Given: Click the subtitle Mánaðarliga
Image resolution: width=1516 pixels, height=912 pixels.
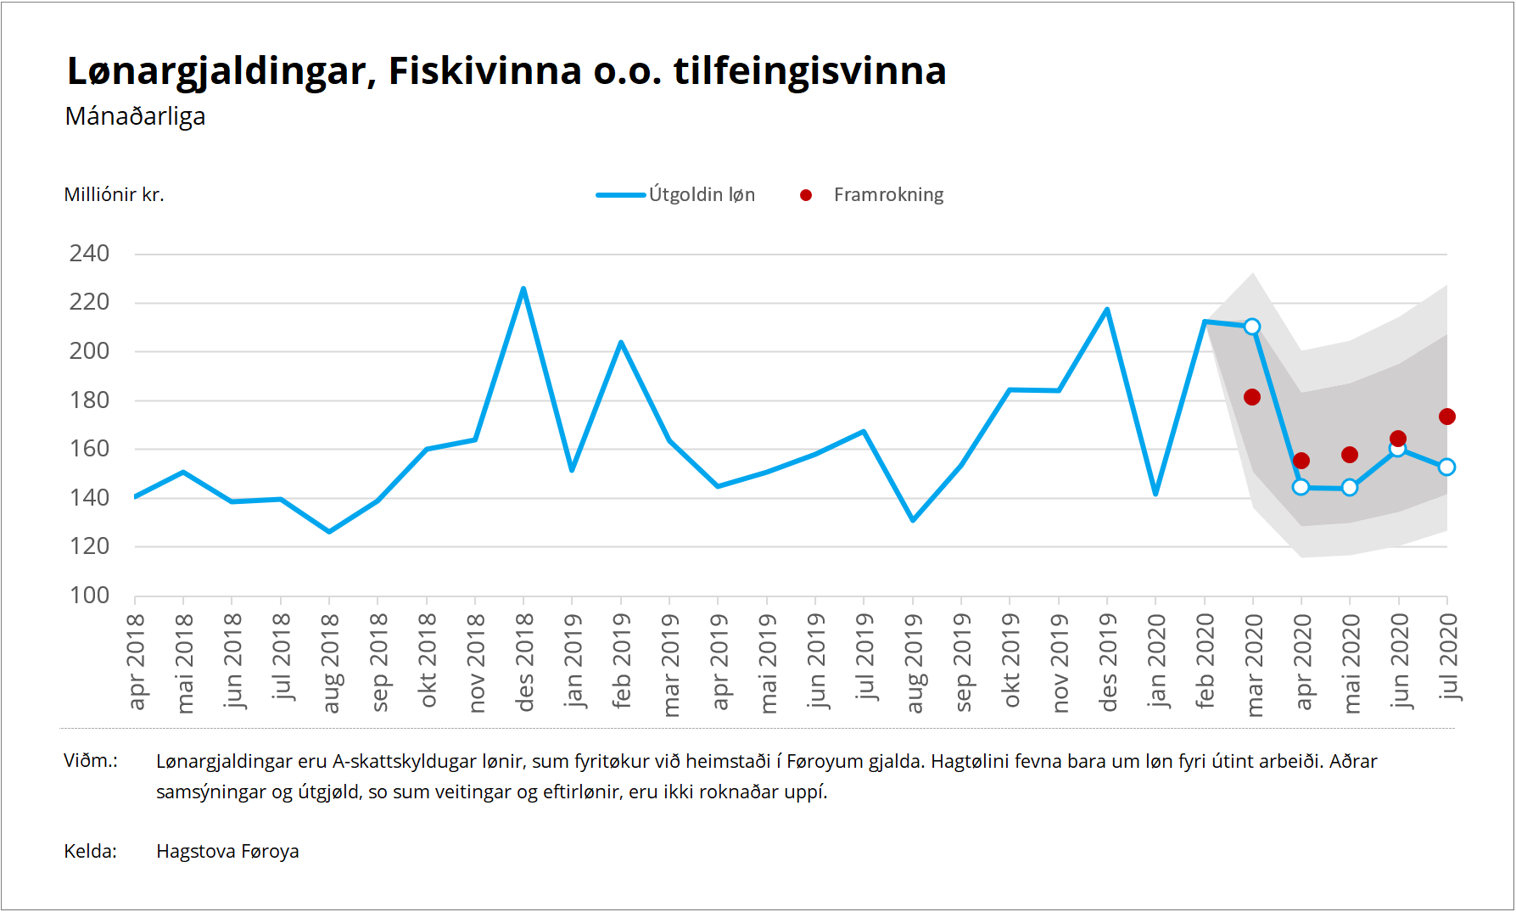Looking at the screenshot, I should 135,116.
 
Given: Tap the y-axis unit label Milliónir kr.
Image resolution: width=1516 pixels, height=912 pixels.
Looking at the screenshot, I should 114,195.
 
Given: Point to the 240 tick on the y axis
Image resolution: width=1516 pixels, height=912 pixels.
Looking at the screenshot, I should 89,254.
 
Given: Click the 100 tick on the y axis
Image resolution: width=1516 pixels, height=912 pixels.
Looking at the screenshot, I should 89,596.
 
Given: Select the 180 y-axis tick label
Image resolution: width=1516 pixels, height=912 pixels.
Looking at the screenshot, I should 89,400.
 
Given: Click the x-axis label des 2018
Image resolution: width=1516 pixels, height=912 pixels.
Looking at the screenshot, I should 524,663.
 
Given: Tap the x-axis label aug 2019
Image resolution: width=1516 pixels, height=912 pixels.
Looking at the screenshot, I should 914,663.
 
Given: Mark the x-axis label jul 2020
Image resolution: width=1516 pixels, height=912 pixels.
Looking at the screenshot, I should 1448,657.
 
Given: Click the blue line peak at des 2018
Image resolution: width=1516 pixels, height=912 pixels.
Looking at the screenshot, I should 523,288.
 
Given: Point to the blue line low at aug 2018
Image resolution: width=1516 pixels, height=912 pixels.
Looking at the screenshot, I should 329,532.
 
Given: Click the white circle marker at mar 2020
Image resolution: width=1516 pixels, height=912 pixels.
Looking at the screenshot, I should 1252,327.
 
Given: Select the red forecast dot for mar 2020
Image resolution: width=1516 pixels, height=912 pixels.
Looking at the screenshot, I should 1252,397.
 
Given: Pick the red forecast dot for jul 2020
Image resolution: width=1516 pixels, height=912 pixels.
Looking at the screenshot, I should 1447,417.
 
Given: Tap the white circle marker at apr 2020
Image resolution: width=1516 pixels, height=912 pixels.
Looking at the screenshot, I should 1301,487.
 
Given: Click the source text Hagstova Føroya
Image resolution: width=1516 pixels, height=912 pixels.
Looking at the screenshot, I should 227,851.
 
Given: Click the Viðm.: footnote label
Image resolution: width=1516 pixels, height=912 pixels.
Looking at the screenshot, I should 91,761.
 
